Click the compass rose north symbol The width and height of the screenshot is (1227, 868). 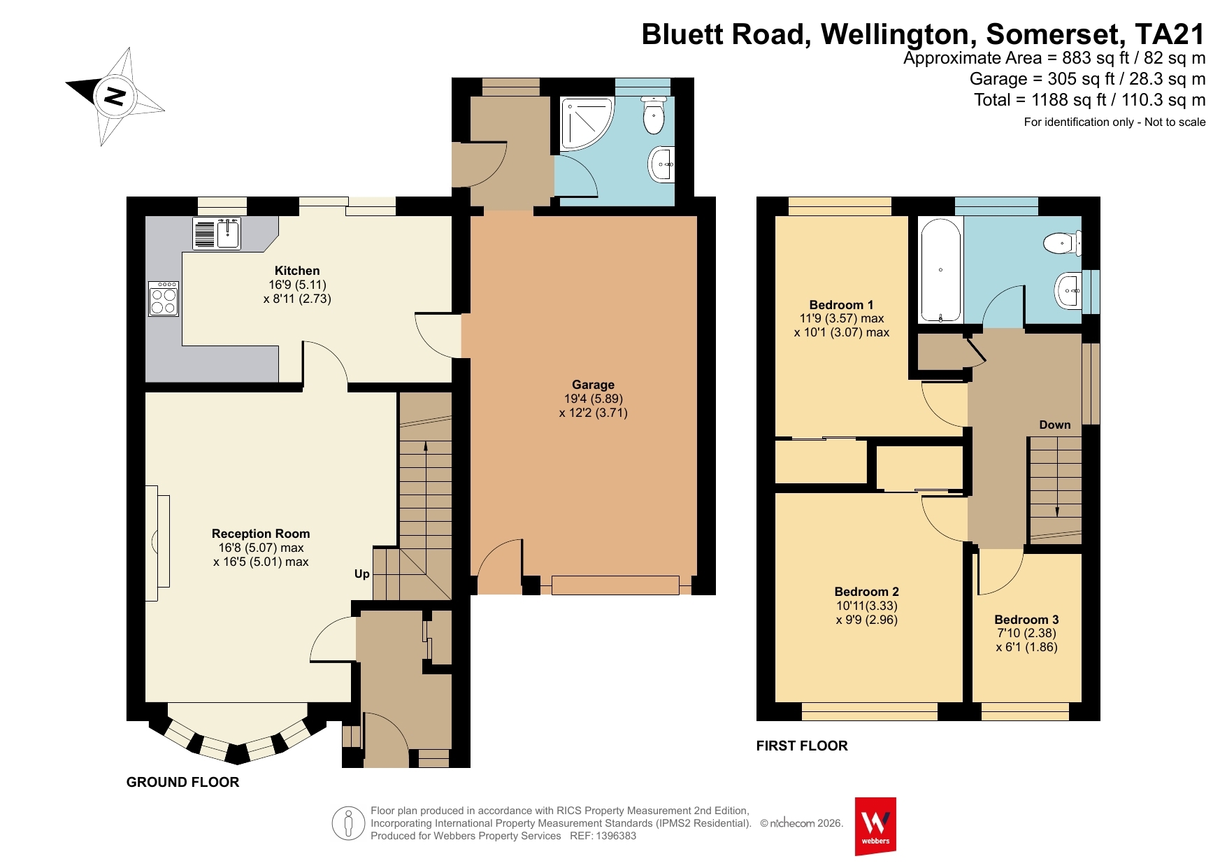(x=115, y=96)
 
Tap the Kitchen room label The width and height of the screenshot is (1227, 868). (x=297, y=271)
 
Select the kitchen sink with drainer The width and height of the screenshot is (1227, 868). (x=217, y=234)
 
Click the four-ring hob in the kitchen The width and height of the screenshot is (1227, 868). (x=164, y=299)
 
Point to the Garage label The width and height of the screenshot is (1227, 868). (x=593, y=385)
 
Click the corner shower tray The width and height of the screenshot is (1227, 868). (x=586, y=123)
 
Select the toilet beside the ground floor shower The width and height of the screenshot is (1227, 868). (x=654, y=115)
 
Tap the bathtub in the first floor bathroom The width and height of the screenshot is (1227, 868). (x=940, y=270)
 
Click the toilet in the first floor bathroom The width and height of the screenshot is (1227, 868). (x=1062, y=243)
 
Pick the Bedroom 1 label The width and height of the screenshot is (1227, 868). (x=841, y=305)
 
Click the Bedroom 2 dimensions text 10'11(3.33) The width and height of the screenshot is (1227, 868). (x=867, y=606)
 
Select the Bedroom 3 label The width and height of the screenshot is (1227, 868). (x=1026, y=620)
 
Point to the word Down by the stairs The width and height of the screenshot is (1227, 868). (x=1055, y=425)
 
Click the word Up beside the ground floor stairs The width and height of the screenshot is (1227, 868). (x=361, y=574)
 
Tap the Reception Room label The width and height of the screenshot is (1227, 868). (x=261, y=534)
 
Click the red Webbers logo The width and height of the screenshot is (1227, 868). (x=875, y=826)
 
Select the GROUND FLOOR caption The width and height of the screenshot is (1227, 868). (x=182, y=782)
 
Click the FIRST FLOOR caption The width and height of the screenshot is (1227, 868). (x=802, y=746)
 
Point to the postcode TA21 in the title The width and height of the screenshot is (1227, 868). (x=1170, y=34)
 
